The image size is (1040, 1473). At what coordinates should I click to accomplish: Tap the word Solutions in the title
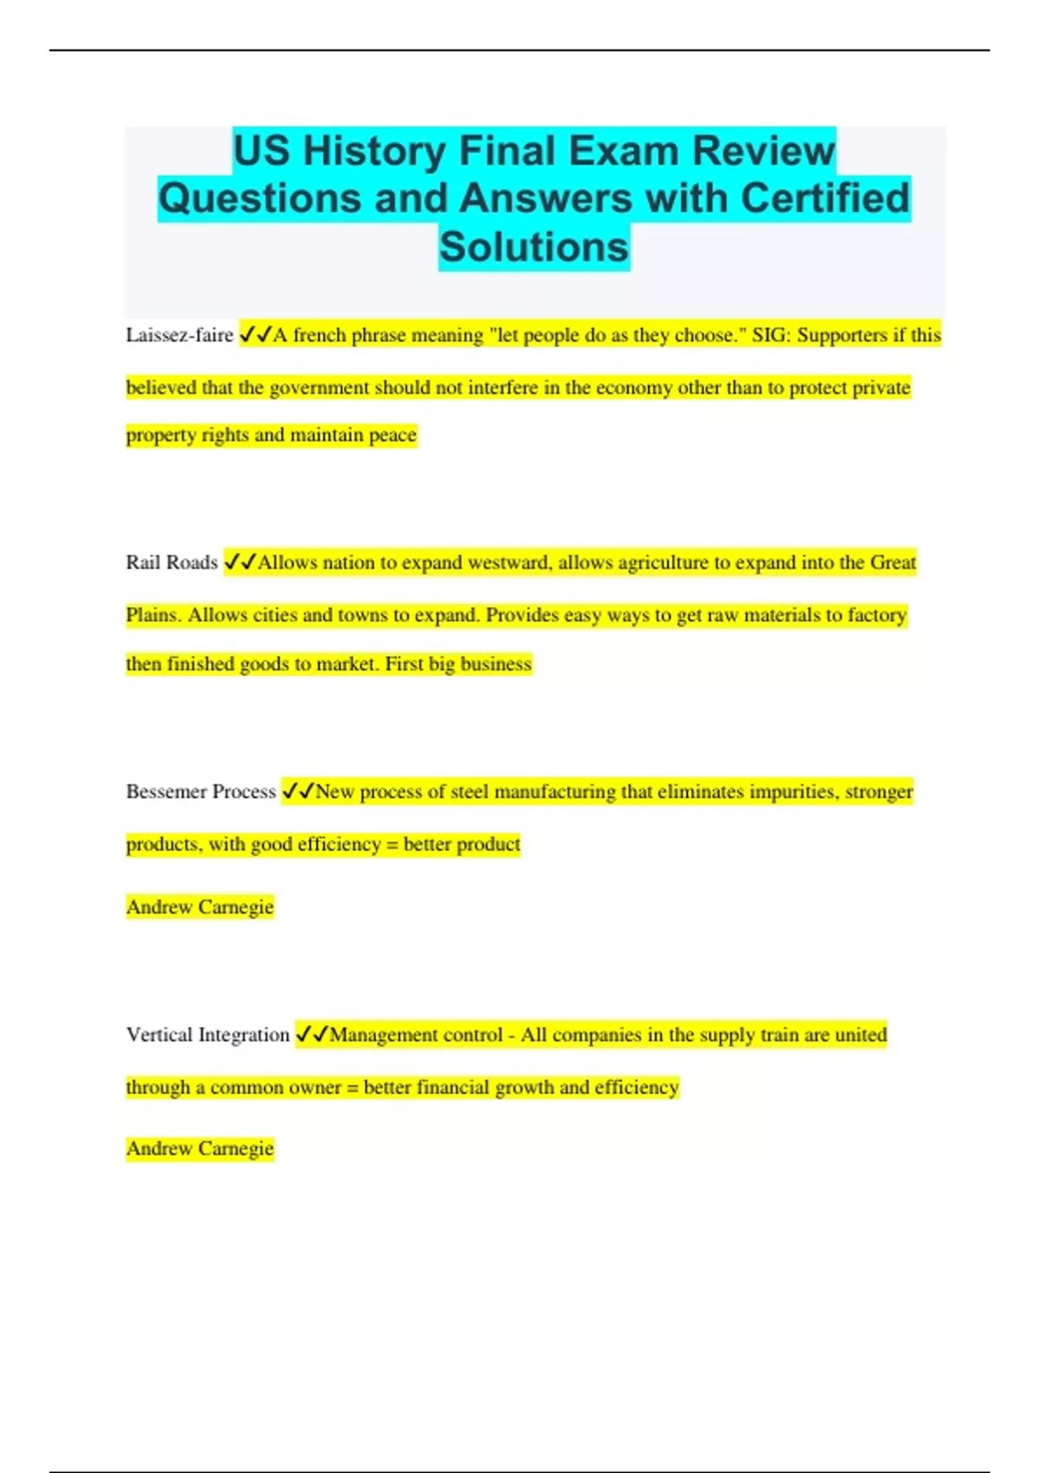[x=534, y=247]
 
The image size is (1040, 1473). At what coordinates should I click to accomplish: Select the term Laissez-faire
[x=179, y=335]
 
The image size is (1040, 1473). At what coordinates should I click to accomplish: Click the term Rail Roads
[x=172, y=562]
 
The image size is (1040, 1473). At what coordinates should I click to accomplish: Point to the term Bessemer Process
[x=201, y=791]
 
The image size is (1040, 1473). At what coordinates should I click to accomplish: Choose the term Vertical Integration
[x=208, y=1035]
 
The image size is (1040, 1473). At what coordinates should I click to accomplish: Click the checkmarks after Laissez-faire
[x=256, y=334]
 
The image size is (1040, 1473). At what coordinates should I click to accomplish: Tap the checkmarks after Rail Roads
[x=240, y=562]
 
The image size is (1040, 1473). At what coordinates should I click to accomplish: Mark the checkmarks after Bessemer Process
[x=298, y=791]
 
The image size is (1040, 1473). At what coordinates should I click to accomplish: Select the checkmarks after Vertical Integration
[x=312, y=1035]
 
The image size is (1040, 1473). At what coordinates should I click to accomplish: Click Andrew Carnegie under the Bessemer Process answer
[x=200, y=907]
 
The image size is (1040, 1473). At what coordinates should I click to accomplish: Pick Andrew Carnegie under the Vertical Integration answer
[x=200, y=1149]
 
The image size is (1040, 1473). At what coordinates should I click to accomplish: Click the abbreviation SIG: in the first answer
[x=771, y=335]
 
